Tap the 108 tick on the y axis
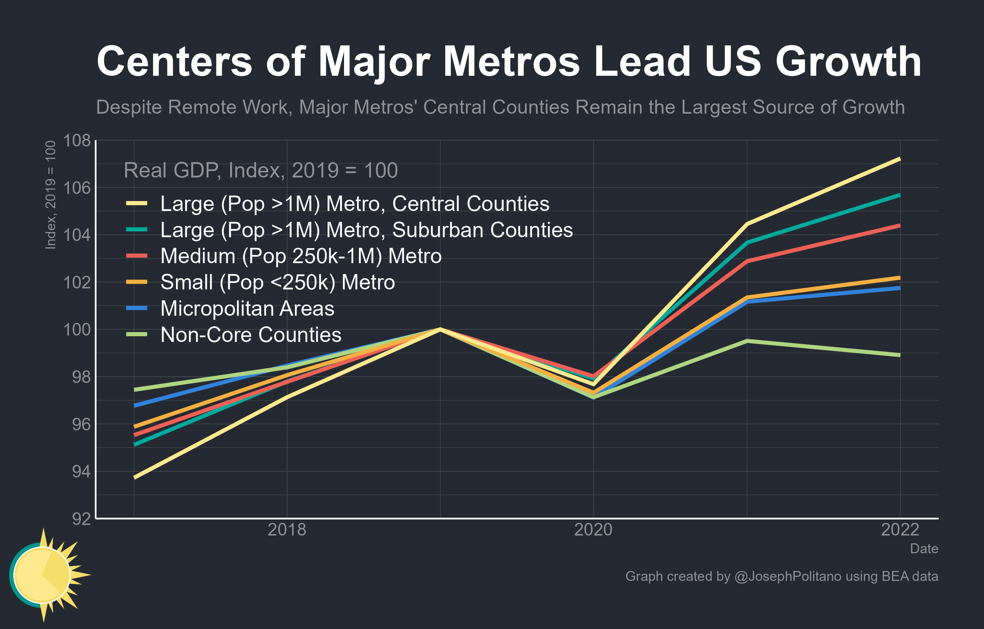(76, 141)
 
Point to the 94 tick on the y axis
(81, 472)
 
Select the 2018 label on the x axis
(286, 530)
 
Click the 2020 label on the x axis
(593, 530)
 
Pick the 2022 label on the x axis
(899, 530)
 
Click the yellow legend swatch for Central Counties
(136, 204)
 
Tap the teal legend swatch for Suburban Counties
(136, 230)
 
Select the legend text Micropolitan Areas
(247, 309)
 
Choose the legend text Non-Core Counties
(251, 335)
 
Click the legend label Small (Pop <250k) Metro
(278, 282)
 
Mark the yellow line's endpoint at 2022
(899, 159)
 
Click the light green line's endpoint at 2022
(899, 355)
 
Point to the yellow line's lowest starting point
(135, 477)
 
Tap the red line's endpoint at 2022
(899, 226)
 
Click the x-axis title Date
(924, 549)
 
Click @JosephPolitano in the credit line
(788, 576)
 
